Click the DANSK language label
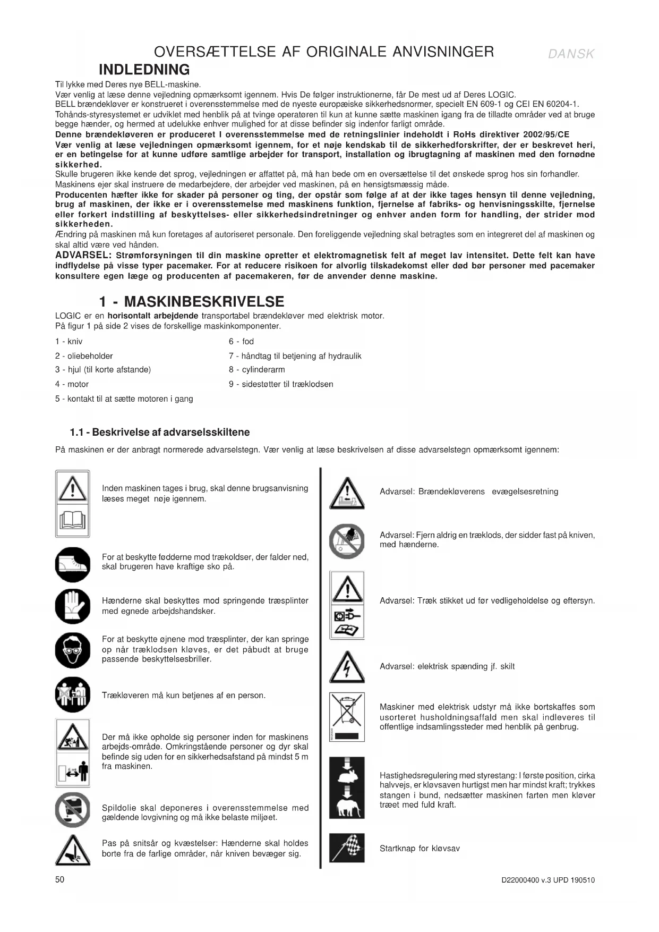tap(571, 54)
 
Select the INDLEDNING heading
tap(144, 70)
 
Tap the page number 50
tap(59, 879)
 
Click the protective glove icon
tap(72, 606)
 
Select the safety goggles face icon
tap(72, 650)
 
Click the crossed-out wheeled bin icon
tap(347, 710)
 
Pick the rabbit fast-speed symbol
tap(347, 776)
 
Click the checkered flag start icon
tap(347, 848)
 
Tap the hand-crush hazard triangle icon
tap(72, 850)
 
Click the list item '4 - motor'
tap(72, 384)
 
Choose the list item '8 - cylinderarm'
tap(256, 370)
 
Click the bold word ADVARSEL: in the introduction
tap(83, 256)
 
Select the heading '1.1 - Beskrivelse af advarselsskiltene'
tap(160, 432)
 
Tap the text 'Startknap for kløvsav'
tap(420, 848)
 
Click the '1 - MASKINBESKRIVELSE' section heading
tap(192, 302)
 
